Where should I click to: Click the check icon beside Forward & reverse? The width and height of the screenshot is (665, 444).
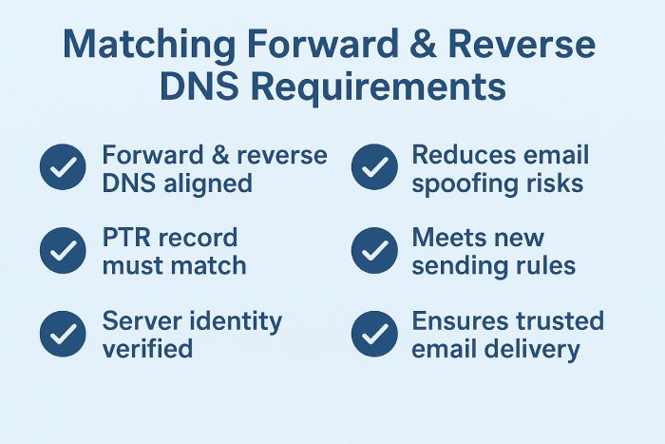[x=63, y=168]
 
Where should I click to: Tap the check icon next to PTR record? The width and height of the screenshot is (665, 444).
[x=63, y=251]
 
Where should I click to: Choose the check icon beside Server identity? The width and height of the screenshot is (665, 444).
[x=63, y=335]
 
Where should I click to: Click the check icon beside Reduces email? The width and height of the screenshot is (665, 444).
[x=374, y=168]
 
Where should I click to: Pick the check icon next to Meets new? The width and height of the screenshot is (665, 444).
[x=374, y=251]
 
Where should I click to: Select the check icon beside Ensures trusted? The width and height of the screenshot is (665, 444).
[x=374, y=335]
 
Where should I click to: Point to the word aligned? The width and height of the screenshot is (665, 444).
[x=206, y=183]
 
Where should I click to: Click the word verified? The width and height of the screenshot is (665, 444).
[x=147, y=349]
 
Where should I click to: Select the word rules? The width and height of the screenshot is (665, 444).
[x=546, y=265]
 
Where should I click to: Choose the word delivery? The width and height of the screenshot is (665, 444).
[x=533, y=349]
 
